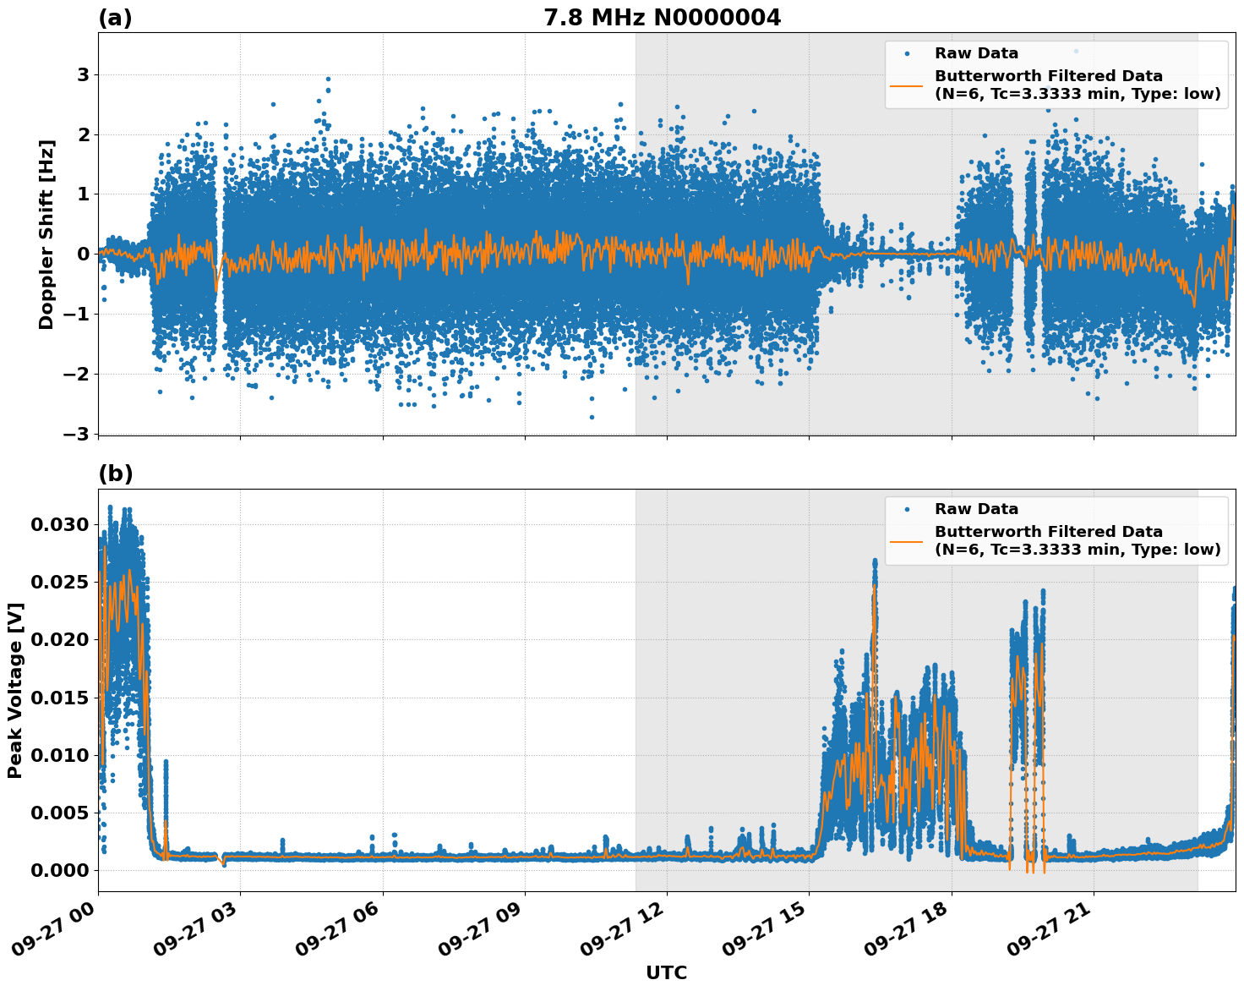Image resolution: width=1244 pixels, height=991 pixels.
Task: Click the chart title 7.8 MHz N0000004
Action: [662, 18]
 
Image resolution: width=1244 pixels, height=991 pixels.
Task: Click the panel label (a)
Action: [115, 18]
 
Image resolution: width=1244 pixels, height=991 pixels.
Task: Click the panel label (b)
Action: [115, 474]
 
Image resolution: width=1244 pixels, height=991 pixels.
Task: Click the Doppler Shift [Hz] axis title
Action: [46, 234]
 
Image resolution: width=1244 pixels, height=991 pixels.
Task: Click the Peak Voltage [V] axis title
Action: [14, 690]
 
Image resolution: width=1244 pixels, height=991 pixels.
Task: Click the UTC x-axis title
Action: [666, 973]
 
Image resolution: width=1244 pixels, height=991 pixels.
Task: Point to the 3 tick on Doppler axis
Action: [84, 75]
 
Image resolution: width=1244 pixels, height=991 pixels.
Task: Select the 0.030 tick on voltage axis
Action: [59, 524]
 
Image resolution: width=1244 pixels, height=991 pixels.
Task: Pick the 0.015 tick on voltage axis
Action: [59, 698]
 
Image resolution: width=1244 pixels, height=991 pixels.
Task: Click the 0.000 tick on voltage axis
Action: [59, 870]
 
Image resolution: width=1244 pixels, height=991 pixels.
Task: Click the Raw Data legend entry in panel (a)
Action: [976, 53]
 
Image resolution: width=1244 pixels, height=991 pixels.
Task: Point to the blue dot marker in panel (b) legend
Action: [906, 510]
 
